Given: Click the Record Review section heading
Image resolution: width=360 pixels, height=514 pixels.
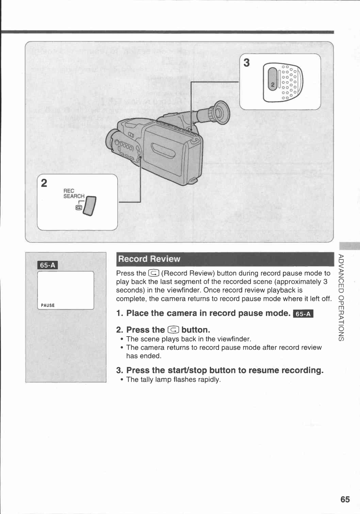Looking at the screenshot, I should click(149, 259).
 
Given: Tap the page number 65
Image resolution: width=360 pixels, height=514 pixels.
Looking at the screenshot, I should click(345, 499).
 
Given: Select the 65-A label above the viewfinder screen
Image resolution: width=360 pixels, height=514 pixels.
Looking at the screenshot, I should click(48, 265).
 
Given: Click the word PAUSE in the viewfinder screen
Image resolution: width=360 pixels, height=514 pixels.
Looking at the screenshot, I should click(48, 305).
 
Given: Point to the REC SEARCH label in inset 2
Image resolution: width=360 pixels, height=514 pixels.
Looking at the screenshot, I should click(74, 194).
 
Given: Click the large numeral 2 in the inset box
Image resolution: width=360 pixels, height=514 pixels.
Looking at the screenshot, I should click(44, 183).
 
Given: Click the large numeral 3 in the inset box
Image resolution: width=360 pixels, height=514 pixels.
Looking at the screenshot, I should click(246, 63).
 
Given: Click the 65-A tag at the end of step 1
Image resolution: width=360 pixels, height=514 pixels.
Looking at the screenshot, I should click(303, 314).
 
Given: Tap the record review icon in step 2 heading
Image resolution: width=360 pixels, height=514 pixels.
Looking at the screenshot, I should click(173, 330).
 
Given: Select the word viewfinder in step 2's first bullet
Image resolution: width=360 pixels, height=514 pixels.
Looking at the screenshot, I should click(233, 339).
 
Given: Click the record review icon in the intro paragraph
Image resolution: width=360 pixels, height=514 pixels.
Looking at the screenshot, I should click(154, 273).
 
